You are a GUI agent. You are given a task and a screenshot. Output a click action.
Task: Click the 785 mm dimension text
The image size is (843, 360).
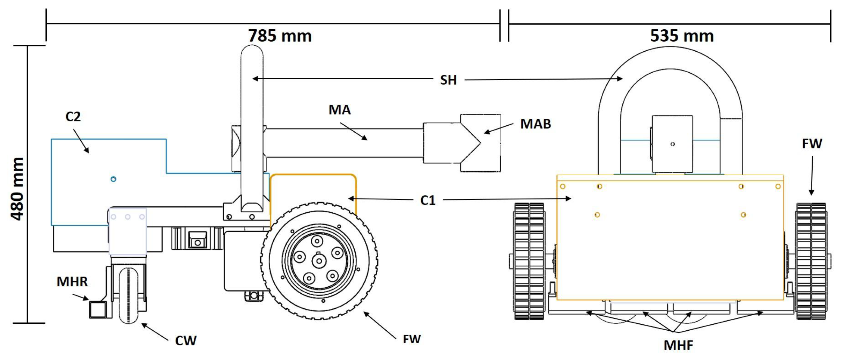click(x=280, y=36)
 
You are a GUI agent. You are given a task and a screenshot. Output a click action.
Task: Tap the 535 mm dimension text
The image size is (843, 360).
click(x=682, y=36)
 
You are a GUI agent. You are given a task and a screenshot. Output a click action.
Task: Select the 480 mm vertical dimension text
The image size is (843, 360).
click(x=17, y=189)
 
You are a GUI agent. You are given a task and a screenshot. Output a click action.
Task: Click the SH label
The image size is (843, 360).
click(x=448, y=80)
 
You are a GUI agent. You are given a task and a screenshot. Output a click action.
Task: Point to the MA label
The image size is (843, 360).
click(x=339, y=110)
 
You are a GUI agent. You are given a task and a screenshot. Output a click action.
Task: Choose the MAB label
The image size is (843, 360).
click(x=535, y=124)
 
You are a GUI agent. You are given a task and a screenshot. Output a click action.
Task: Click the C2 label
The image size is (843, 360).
click(x=73, y=116)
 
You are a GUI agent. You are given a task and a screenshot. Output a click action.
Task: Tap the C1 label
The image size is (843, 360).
click(x=428, y=200)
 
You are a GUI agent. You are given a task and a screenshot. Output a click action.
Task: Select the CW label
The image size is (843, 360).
click(x=186, y=341)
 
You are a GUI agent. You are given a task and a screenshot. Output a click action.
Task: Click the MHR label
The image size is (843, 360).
click(x=72, y=282)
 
